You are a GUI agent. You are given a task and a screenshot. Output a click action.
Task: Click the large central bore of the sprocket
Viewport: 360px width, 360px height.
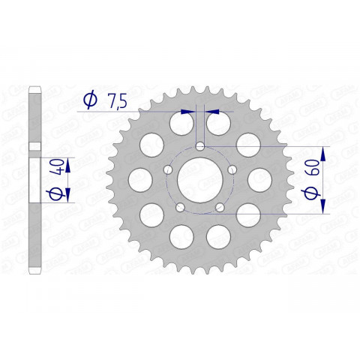[x=199, y=178]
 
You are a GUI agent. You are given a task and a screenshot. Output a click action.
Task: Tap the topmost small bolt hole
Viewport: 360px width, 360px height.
[x=199, y=145]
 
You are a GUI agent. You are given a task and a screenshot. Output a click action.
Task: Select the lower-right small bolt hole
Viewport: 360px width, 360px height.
[x=219, y=207]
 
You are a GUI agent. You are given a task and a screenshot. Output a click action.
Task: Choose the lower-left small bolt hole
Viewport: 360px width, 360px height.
[x=179, y=207]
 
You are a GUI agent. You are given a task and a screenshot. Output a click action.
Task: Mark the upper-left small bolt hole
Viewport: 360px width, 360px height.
[x=168, y=169]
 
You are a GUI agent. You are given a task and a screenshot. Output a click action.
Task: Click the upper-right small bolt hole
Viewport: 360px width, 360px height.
[x=231, y=169]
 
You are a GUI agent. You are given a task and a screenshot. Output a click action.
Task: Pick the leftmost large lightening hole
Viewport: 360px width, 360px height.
[x=140, y=178]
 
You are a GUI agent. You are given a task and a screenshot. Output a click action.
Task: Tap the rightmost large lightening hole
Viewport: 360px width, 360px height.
[x=259, y=178]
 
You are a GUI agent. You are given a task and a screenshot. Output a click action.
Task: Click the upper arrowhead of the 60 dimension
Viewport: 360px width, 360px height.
[x=322, y=150]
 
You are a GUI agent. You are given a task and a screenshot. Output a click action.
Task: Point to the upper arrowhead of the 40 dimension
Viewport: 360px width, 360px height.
[x=69, y=162]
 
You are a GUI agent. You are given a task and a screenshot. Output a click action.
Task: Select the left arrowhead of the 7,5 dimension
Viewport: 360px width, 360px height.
[x=190, y=110]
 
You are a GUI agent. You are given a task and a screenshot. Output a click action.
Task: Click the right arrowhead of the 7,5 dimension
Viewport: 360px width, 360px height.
[x=209, y=110]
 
